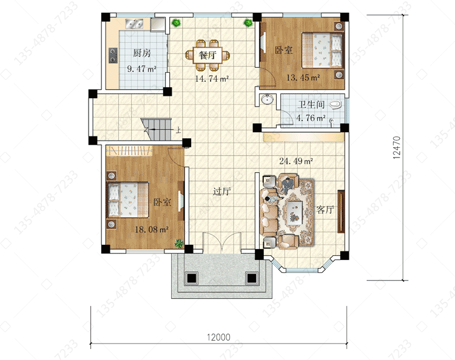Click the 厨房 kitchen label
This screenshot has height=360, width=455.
click(x=142, y=53)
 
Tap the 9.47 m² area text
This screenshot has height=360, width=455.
click(x=142, y=69)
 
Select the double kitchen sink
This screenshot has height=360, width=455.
click(x=134, y=24)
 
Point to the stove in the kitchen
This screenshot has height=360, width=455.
click(x=113, y=55)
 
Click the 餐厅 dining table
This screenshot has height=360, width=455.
click(x=207, y=55)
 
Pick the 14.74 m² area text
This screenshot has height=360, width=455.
click(x=212, y=79)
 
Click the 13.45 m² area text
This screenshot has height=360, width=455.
click(x=303, y=78)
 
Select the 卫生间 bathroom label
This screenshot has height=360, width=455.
click(x=311, y=104)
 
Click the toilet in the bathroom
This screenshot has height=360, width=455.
click(x=335, y=105)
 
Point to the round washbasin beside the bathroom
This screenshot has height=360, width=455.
click(x=267, y=99)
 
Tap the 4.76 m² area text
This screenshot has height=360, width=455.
click(x=311, y=118)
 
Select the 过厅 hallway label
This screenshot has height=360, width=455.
click(x=221, y=192)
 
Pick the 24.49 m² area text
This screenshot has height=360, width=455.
click(x=296, y=161)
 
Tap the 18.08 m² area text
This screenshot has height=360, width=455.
click(x=152, y=230)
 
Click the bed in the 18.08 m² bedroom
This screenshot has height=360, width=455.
click(x=128, y=200)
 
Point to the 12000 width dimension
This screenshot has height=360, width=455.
click(x=218, y=337)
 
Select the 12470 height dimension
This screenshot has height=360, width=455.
click(x=397, y=147)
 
